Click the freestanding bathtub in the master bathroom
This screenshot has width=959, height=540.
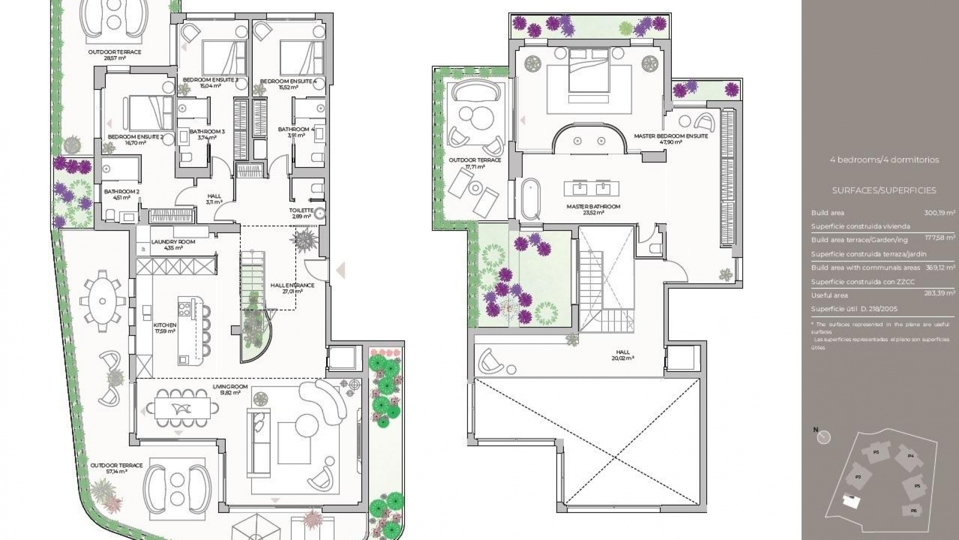click(x=530, y=199)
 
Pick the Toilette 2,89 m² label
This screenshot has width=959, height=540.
click(x=301, y=213)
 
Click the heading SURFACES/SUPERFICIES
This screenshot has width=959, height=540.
click(x=884, y=190)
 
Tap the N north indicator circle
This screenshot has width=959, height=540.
click(x=824, y=437)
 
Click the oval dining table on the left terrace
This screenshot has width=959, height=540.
click(x=103, y=301)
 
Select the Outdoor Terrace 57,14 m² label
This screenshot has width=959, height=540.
click(x=116, y=468)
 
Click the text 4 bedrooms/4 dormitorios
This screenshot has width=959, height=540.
click(x=884, y=160)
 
